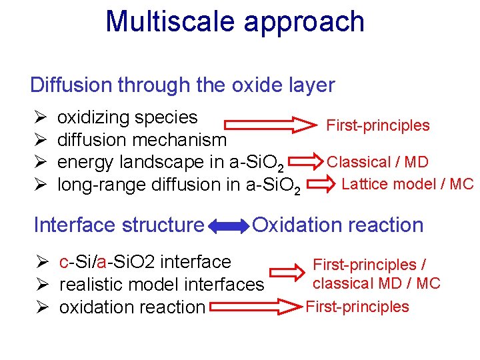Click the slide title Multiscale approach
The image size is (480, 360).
click(235, 21)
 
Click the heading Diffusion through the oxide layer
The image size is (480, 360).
click(182, 85)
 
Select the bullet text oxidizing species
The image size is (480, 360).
click(127, 117)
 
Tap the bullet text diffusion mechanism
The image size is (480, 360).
click(142, 140)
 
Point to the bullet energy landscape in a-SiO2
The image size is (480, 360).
click(173, 163)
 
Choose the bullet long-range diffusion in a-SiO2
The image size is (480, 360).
click(179, 185)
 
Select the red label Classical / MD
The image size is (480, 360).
click(377, 162)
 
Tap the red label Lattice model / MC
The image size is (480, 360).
click(407, 184)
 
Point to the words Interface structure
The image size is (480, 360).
click(119, 225)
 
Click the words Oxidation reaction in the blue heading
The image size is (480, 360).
click(337, 225)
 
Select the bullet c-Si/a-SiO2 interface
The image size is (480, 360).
click(145, 262)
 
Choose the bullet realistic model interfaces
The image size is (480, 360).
click(161, 285)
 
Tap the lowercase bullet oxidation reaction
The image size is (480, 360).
click(131, 307)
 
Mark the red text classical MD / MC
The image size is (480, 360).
click(377, 283)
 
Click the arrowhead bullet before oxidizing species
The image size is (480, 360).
click(38, 118)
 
